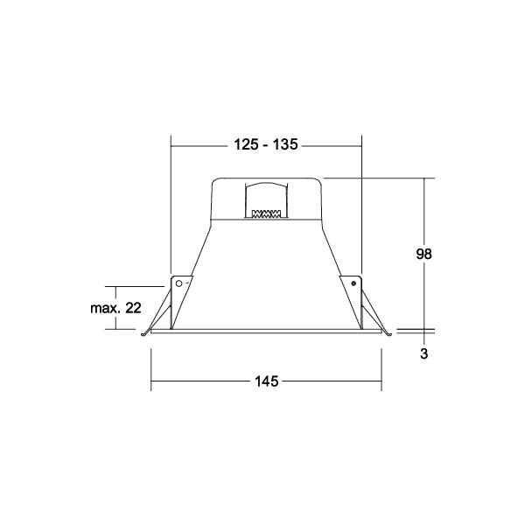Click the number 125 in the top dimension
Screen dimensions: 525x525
tap(246, 144)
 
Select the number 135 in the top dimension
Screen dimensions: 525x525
tap(285, 144)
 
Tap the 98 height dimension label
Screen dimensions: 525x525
tap(423, 254)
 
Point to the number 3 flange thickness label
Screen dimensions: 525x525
tap(424, 353)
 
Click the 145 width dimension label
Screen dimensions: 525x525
tap(267, 381)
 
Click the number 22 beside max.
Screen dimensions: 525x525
tap(133, 308)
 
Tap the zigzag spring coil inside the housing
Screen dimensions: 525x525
tap(266, 213)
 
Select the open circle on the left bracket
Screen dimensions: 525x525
tap(179, 283)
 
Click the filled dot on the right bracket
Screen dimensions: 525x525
tap(353, 283)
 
